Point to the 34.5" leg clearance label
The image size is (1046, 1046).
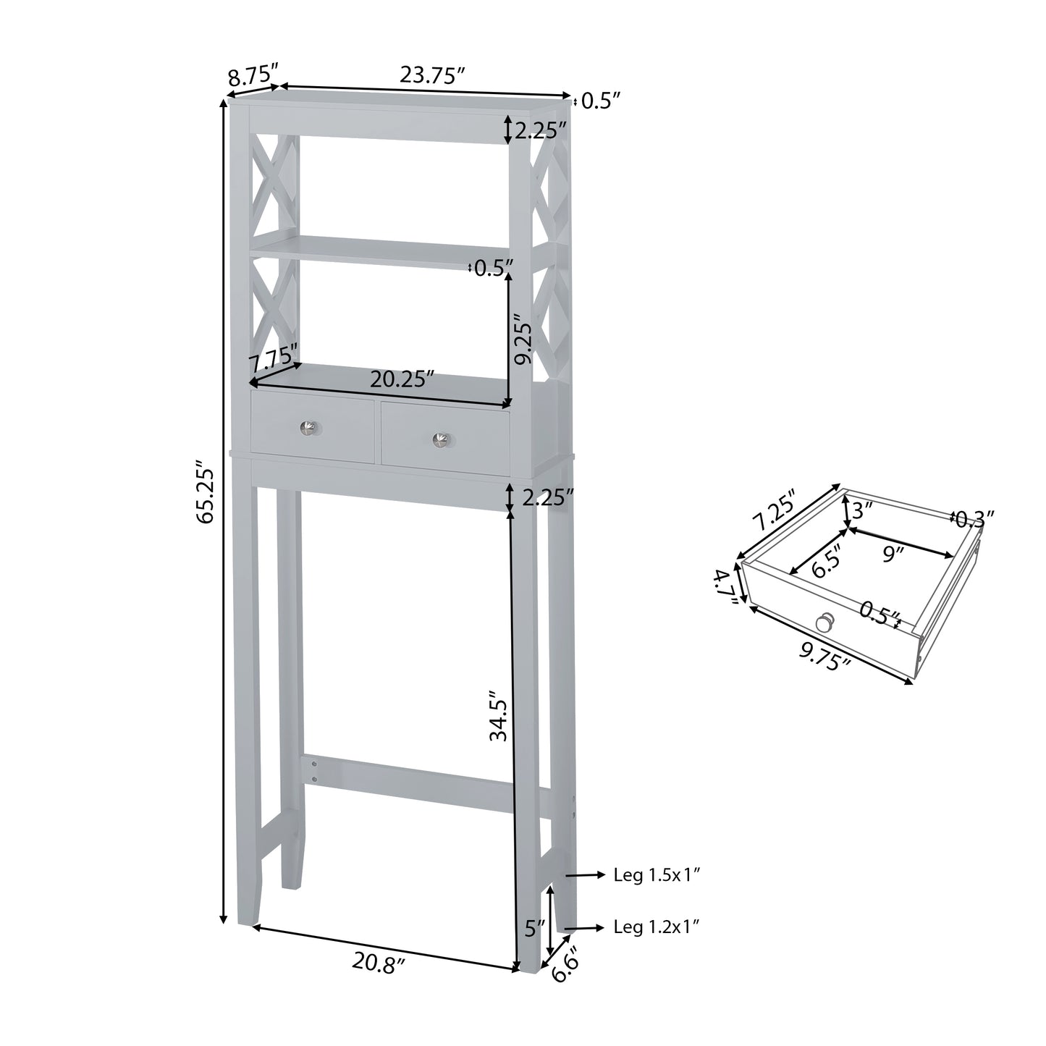(499, 715)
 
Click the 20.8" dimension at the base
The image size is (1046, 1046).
(379, 963)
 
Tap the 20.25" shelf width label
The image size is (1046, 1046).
(402, 379)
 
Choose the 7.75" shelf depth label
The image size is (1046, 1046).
(273, 358)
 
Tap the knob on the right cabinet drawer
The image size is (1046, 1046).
(440, 439)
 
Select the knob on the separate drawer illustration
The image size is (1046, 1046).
(824, 621)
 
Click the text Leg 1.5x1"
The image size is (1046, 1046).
(657, 875)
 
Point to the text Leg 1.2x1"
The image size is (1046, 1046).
(657, 927)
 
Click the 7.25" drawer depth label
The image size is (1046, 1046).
(773, 509)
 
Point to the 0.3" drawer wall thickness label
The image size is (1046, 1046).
(974, 518)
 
